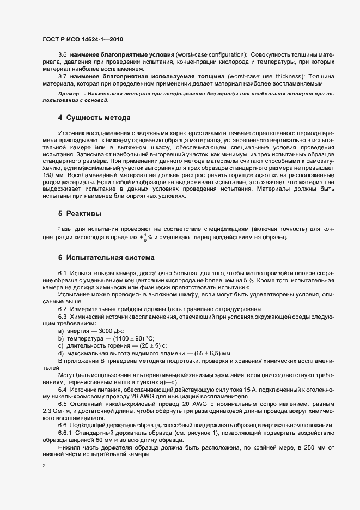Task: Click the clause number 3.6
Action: [63, 70]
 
